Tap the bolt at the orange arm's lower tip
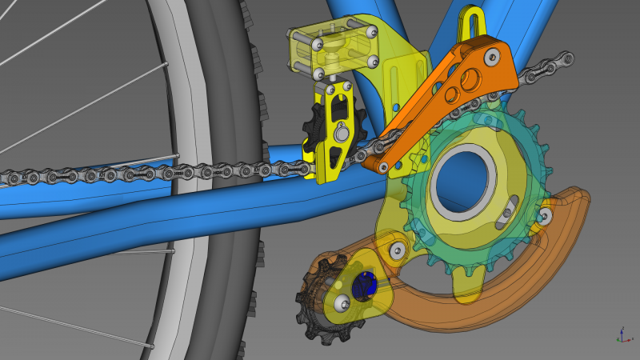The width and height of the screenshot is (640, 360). (382, 166)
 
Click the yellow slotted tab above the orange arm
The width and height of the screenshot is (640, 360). (470, 25)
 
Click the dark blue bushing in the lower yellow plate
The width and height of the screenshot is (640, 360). (365, 284)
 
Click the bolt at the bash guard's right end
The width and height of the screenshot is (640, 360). (546, 214)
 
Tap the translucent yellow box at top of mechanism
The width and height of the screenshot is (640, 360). (331, 48)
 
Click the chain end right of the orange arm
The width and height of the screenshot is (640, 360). (552, 67)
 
